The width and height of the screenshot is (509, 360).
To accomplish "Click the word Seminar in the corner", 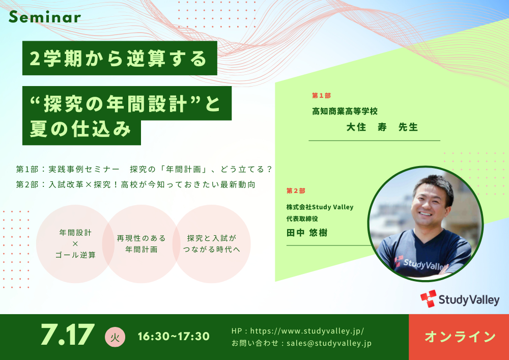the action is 45,17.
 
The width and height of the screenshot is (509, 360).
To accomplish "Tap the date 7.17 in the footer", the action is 68,335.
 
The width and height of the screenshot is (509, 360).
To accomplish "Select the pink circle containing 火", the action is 115,337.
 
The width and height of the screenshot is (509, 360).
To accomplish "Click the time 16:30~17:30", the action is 174,336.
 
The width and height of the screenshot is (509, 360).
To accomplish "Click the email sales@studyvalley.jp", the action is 329,343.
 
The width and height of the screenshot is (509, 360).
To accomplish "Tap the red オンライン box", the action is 459,337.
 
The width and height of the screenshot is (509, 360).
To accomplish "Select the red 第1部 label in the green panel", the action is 321,95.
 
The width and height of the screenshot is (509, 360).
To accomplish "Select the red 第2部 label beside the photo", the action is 296,191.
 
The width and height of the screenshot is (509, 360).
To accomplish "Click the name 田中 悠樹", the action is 307,233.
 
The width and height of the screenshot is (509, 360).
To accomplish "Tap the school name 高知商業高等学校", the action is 345,112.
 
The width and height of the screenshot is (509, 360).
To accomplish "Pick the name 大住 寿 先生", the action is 382,127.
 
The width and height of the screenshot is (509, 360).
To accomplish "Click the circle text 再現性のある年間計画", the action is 141,244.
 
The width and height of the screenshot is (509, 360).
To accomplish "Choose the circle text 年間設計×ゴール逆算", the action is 75,244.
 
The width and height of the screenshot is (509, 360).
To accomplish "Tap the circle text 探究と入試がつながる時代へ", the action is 212,244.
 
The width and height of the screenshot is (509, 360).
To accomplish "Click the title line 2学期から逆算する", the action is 119,59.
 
